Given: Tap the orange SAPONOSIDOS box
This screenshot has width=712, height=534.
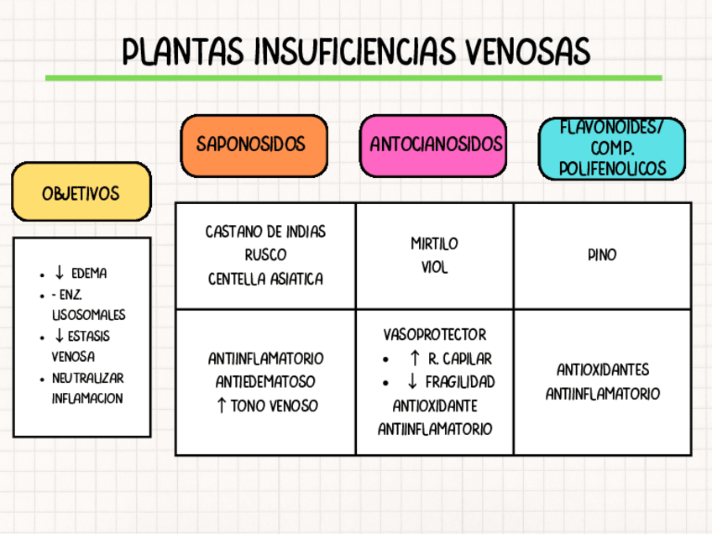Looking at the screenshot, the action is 254,144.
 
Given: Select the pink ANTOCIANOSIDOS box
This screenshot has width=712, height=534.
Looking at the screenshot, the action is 436,144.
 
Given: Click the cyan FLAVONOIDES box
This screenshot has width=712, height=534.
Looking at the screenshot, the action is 612,148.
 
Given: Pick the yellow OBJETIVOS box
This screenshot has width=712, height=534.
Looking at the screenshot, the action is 81,193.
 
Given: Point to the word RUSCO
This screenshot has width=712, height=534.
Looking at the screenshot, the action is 265,254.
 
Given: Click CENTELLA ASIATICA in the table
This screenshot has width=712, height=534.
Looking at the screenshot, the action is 265,278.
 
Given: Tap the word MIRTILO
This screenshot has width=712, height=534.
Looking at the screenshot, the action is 434,244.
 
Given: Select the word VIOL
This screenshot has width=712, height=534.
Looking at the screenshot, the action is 434,268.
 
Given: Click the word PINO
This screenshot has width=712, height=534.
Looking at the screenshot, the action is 602,254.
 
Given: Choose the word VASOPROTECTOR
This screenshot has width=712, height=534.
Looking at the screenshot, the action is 434,335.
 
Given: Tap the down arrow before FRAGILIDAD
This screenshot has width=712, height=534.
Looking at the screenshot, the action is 412,382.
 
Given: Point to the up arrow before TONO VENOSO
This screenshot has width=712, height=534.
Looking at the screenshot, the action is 220,406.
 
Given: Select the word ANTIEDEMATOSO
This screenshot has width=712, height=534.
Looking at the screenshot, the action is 265,382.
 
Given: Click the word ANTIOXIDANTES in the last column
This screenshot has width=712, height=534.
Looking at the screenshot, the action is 602,370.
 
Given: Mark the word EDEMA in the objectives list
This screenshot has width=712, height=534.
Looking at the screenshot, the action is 89,274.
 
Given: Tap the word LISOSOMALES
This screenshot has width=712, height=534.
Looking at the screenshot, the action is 89,315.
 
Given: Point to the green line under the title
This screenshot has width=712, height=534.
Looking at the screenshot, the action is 353,78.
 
